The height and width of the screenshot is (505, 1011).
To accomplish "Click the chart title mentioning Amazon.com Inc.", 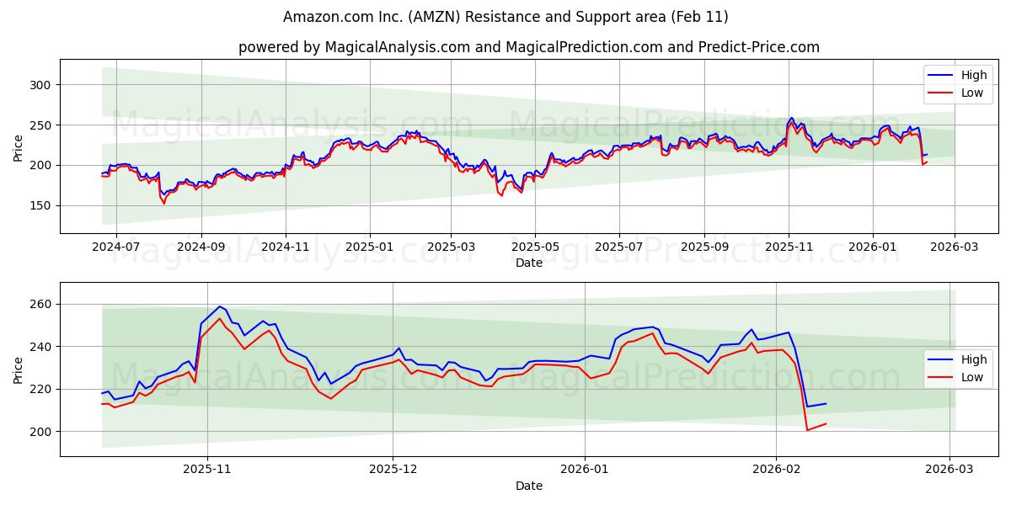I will coord(505,17).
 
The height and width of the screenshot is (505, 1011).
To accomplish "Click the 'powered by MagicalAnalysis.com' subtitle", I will coord(528,47).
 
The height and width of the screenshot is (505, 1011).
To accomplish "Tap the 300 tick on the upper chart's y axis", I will coord(40,85).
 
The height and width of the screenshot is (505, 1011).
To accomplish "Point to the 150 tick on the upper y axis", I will coord(40,205).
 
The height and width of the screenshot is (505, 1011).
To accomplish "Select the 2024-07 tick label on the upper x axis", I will coord(115,247).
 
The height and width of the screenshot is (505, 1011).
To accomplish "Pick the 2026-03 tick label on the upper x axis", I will coord(955,247).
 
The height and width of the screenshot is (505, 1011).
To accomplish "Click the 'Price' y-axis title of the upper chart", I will coord(19,146).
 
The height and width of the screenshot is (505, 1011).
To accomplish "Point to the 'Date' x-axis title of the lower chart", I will coord(529,486).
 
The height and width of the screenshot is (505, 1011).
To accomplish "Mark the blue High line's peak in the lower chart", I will coord(219,306).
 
